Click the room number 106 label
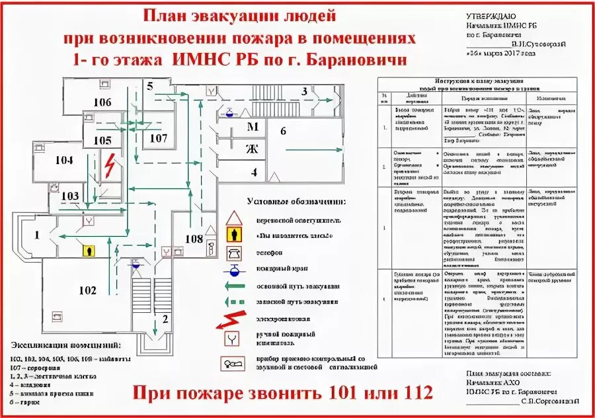pos(102,103)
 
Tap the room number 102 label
pos(87,290)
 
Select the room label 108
pos(194,239)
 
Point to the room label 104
pos(63,160)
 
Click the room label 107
pos(158,138)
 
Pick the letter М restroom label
pos(252,126)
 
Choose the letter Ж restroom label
pos(252,148)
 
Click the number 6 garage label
pos(283,131)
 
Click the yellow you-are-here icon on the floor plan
pos(88,251)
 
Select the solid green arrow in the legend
pos(234,286)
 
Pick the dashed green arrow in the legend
pos(234,302)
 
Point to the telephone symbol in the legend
pos(233,252)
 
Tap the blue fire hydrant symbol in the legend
pos(233,269)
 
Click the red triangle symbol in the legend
pos(233,219)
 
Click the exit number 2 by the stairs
pos(156,319)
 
